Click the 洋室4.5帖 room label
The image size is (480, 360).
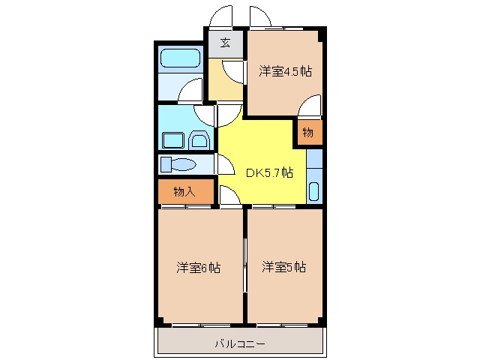(285, 71)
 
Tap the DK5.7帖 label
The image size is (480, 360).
(270, 173)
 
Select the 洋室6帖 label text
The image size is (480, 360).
(198, 268)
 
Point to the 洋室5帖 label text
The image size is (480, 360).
(283, 267)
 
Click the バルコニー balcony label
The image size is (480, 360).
(240, 344)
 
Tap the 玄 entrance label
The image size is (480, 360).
(225, 43)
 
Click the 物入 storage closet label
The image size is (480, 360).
(184, 192)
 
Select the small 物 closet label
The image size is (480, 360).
(308, 133)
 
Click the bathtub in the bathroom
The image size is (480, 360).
(180, 58)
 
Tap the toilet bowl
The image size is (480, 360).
(183, 164)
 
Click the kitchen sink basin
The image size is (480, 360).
(314, 192)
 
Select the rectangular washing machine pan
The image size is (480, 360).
(173, 140)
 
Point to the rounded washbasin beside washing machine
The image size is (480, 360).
(199, 140)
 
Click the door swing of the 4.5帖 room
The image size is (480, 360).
(310, 106)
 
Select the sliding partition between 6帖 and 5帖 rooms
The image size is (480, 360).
(245, 265)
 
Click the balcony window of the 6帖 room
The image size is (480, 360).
(201, 325)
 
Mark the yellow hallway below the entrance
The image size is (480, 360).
(226, 79)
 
